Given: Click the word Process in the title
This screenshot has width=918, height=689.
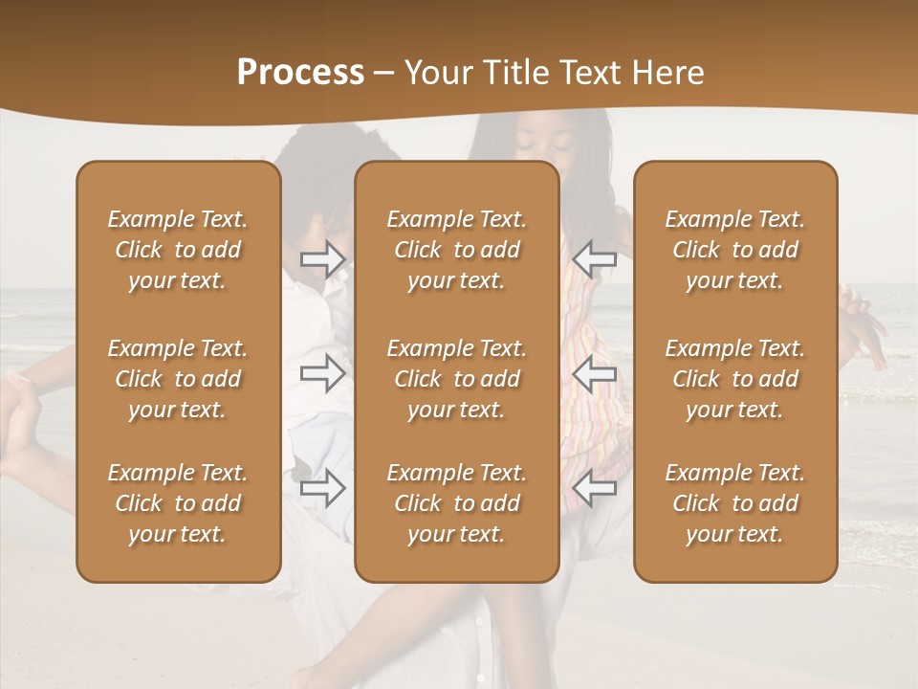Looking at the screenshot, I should [x=300, y=73].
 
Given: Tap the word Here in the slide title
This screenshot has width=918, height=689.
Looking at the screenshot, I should [x=666, y=73].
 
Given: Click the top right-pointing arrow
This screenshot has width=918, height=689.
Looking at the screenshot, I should [x=323, y=259].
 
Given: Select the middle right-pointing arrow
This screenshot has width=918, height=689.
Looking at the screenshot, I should [x=323, y=373].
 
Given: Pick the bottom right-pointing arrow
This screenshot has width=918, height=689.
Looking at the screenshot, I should [x=323, y=489].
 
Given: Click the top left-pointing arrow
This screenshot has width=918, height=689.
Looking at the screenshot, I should [x=595, y=257].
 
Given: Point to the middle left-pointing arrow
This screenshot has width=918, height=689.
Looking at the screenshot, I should [x=595, y=373].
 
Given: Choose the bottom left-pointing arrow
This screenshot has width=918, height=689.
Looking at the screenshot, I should [x=595, y=489].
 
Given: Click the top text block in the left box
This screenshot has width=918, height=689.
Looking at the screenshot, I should [x=178, y=250].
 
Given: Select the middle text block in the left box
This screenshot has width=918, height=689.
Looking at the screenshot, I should [x=178, y=379].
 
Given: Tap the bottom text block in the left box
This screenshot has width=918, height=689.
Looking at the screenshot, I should [x=178, y=503].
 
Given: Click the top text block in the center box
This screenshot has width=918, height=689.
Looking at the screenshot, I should [x=457, y=250].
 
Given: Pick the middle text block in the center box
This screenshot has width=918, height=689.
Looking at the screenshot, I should [x=457, y=379].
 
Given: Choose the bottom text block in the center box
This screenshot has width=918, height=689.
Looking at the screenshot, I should [x=457, y=503].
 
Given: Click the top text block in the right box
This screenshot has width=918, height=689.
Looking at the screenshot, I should [x=735, y=250].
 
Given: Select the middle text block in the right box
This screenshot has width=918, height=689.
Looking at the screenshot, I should [x=735, y=379].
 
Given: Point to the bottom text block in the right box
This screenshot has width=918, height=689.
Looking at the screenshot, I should [x=735, y=503].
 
